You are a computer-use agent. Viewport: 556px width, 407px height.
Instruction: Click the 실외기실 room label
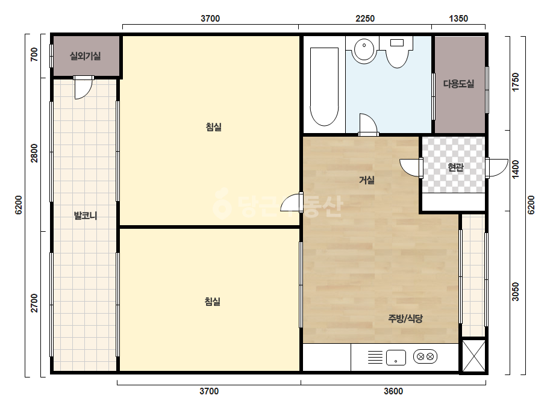85,56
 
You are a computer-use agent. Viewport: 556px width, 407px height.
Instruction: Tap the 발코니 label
85,216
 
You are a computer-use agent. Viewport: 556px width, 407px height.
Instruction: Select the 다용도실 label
458,84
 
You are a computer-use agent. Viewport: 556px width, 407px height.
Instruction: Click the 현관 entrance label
455,167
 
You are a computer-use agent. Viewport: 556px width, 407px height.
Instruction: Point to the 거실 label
367,180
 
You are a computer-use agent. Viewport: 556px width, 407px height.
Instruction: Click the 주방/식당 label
405,318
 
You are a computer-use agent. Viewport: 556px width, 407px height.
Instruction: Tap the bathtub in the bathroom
324,87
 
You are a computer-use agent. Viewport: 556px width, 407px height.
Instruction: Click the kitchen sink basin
396,358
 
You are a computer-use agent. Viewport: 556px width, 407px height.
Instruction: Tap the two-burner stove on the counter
425,356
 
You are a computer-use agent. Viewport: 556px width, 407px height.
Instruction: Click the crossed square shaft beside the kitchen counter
473,356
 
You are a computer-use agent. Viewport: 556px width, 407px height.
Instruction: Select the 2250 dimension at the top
365,19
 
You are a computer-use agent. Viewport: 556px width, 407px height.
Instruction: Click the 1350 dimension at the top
458,19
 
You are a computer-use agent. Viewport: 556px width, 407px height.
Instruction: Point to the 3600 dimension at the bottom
393,391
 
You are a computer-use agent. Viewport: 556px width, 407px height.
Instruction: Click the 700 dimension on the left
34,55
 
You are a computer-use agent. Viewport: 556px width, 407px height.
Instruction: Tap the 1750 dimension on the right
516,82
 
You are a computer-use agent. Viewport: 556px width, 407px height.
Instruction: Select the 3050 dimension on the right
516,292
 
